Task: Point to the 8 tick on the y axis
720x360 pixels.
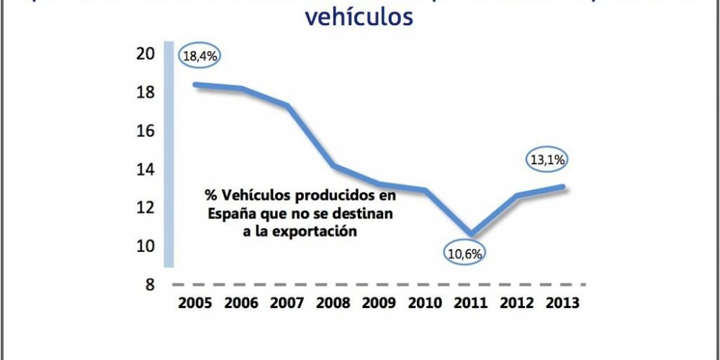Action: click(x=150, y=284)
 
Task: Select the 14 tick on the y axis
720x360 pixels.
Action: click(x=146, y=169)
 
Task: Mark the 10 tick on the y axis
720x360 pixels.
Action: click(x=146, y=246)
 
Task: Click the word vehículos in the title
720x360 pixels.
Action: click(x=359, y=16)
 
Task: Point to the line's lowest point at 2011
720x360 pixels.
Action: click(x=470, y=233)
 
